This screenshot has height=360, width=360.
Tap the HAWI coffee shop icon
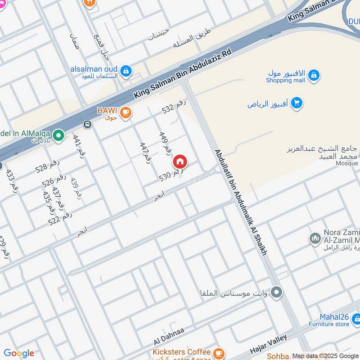click(126, 112)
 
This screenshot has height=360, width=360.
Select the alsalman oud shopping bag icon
click(126, 70)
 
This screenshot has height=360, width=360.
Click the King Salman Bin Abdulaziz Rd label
click(183, 74)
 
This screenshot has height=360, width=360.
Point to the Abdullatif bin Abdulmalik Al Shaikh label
click(241, 202)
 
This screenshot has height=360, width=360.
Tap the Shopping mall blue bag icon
click(314, 76)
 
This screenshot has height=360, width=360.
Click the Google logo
click(18, 353)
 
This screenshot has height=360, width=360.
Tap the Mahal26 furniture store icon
click(356, 319)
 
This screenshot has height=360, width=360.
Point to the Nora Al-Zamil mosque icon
click(315, 238)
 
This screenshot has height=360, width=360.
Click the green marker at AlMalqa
click(58, 135)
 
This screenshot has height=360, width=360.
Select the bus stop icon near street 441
click(87, 124)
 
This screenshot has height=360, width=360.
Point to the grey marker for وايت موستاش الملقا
click(277, 293)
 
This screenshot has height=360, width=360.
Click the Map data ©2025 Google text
click(325, 355)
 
